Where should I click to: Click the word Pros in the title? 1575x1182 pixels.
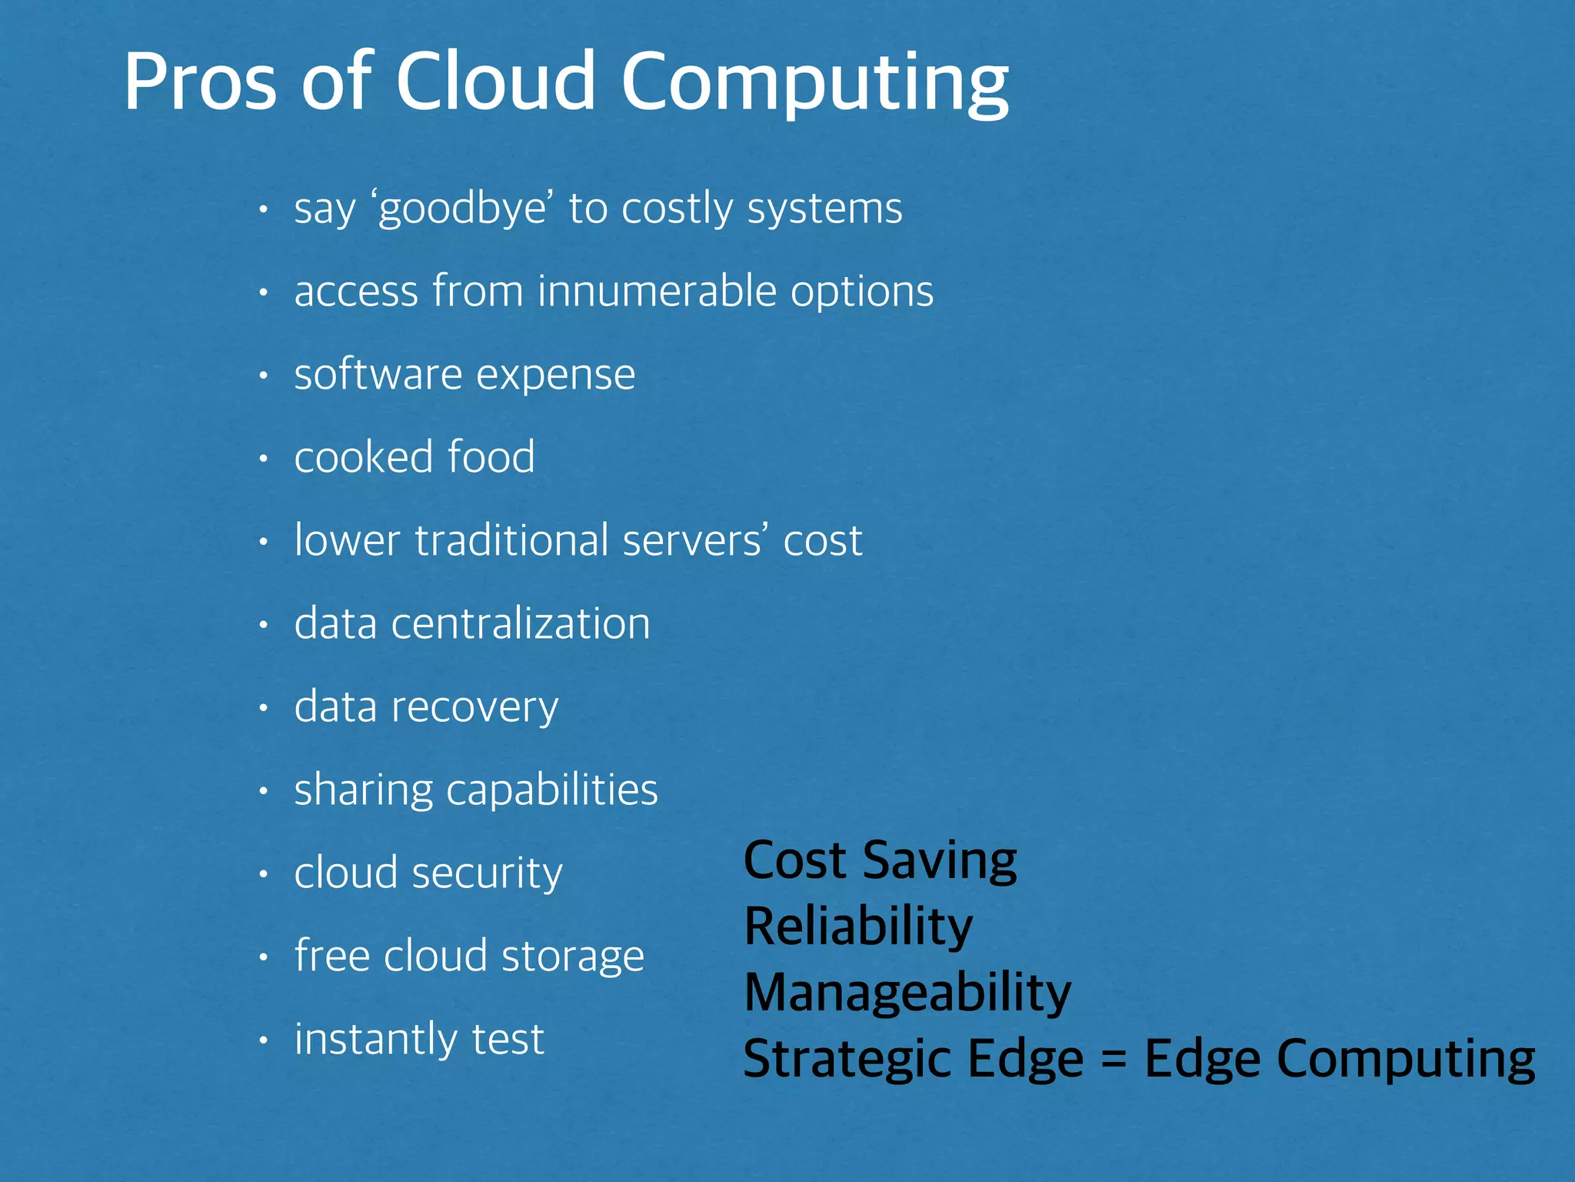(200, 82)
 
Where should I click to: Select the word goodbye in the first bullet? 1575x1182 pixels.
(462, 209)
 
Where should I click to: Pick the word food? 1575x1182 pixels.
(491, 457)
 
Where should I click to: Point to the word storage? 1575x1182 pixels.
(572, 957)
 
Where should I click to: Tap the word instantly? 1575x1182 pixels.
(376, 1040)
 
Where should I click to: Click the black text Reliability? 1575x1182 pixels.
(858, 927)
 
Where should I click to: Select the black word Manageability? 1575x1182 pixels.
(907, 993)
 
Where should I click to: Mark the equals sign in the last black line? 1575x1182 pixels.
(1114, 1060)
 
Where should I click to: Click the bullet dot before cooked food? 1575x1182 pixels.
(263, 459)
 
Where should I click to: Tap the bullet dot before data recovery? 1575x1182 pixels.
(263, 708)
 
